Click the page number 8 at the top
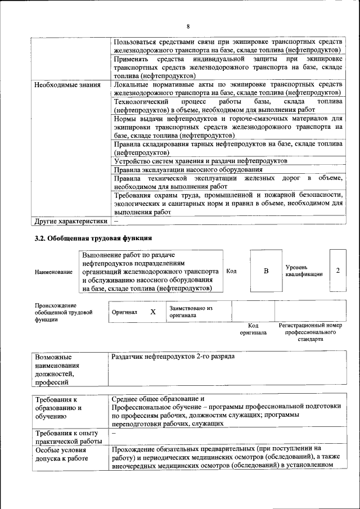[x=188, y=26]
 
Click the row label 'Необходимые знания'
[x=67, y=85]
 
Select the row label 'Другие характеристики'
[x=70, y=221]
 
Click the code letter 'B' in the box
[x=266, y=271]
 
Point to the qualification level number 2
[x=337, y=271]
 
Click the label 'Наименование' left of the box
[x=53, y=272]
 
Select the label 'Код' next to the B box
[x=231, y=271]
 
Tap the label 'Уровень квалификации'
[x=304, y=270]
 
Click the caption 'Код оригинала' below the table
[x=253, y=329]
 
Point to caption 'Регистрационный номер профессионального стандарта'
[x=310, y=332]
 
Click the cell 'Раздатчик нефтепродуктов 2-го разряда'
[x=173, y=357]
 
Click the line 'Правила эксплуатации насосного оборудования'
[x=188, y=169]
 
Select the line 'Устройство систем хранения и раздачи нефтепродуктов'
[x=200, y=161]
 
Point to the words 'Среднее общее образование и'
[x=159, y=398]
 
